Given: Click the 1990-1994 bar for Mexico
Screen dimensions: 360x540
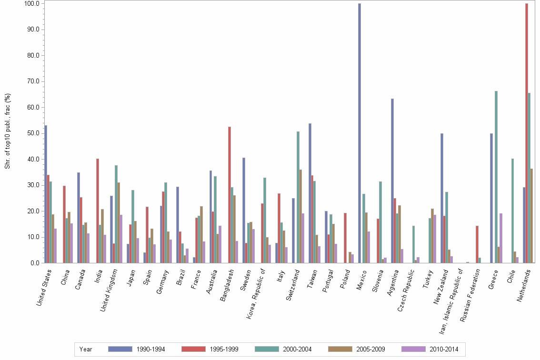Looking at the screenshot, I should pyautogui.click(x=360, y=133).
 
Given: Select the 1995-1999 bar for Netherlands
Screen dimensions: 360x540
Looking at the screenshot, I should pyautogui.click(x=526, y=133).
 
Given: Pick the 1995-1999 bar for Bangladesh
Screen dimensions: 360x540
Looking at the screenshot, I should pyautogui.click(x=230, y=195).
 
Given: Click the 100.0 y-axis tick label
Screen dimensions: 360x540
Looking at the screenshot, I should pyautogui.click(x=31, y=3).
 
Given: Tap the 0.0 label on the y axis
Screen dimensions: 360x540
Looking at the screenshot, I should pyautogui.click(x=34, y=263).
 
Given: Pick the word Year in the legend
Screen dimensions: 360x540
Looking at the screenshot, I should pyautogui.click(x=86, y=349).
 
